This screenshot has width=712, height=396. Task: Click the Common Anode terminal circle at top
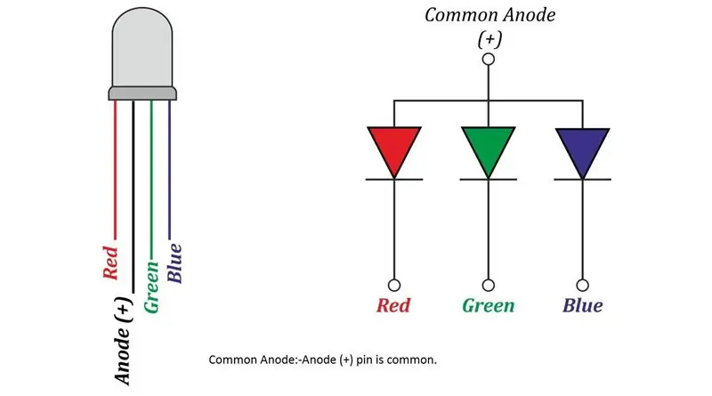489,59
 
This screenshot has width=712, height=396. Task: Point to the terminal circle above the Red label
394,285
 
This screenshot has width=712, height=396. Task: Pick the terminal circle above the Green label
488,285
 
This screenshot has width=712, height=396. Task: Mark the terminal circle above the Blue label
583,285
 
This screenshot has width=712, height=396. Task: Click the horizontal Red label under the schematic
393,305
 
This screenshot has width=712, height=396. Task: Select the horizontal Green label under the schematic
489,305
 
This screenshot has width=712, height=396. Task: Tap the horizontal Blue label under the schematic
583,305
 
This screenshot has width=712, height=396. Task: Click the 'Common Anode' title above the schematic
490,15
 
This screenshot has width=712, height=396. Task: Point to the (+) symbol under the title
489,39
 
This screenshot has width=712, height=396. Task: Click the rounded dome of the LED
142,48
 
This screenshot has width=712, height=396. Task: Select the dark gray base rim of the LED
142,94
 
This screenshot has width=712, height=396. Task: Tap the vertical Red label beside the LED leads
110,263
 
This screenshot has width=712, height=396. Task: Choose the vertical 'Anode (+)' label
123,341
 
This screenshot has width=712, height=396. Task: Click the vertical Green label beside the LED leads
151,287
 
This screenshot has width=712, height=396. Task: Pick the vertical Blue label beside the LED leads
174,263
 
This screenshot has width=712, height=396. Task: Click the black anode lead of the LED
133,197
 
